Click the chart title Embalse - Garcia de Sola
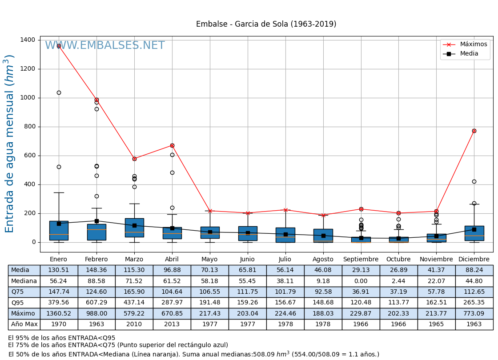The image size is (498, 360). pyautogui.click(x=266, y=24)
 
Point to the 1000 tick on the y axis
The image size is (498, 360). pyautogui.click(x=28, y=98)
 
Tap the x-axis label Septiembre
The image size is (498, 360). pyautogui.click(x=361, y=260)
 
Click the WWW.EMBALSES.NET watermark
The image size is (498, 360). pyautogui.click(x=105, y=46)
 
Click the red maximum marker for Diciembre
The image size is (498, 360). pyautogui.click(x=474, y=131)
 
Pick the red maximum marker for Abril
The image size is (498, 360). pyautogui.click(x=172, y=145)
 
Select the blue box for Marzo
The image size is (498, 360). pyautogui.click(x=134, y=228)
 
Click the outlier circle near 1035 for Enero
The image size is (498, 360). pyautogui.click(x=59, y=93)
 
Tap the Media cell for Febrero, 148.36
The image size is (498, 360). pyautogui.click(x=96, y=270)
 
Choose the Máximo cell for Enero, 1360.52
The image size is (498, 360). pyautogui.click(x=59, y=314)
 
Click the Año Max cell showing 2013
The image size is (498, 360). pyautogui.click(x=172, y=324)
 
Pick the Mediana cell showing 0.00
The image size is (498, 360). pyautogui.click(x=361, y=281)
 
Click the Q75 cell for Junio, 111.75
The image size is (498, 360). pyautogui.click(x=247, y=292)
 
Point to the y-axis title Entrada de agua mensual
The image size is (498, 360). pyautogui.click(x=10, y=144)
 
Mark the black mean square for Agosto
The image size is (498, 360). pyautogui.click(x=323, y=236)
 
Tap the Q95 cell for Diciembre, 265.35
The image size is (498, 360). pyautogui.click(x=474, y=303)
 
